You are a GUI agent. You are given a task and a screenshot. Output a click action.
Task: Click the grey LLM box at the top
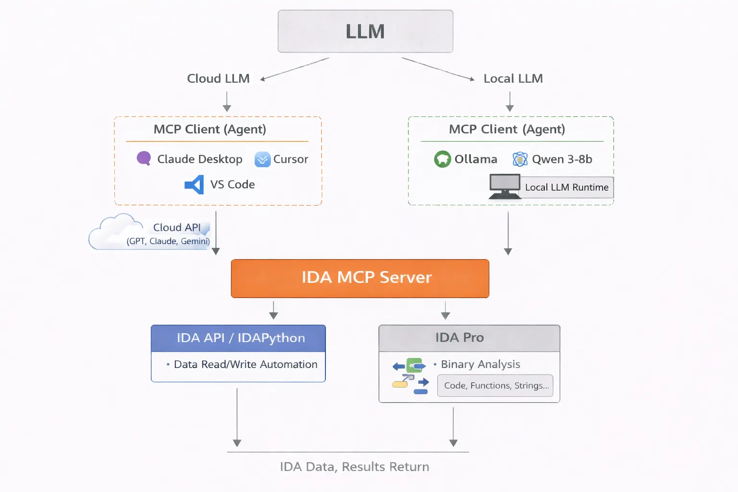pyautogui.click(x=365, y=31)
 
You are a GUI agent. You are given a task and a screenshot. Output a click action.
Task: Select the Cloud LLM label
pyautogui.click(x=218, y=78)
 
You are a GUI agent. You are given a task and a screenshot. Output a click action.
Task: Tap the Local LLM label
pyautogui.click(x=513, y=78)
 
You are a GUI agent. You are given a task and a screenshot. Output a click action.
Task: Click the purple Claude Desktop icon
pyautogui.click(x=144, y=158)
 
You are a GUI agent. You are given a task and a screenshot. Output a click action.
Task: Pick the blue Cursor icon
pyautogui.click(x=262, y=159)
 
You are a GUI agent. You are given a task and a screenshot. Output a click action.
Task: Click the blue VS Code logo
pyautogui.click(x=195, y=184)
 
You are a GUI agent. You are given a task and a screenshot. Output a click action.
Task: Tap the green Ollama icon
pyautogui.click(x=442, y=159)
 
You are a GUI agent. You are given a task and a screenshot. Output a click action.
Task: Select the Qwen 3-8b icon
pyautogui.click(x=520, y=159)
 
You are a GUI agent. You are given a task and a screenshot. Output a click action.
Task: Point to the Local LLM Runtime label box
pyautogui.click(x=566, y=187)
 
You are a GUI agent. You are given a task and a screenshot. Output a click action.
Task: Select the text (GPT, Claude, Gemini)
pyautogui.click(x=168, y=241)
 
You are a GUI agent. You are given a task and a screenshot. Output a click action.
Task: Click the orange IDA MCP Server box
pyautogui.click(x=360, y=278)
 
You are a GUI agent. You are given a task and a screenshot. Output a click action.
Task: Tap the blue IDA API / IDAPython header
pyautogui.click(x=238, y=338)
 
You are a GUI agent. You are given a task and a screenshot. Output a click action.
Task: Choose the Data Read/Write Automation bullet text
pyautogui.click(x=245, y=365)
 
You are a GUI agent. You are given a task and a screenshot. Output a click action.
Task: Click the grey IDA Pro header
pyautogui.click(x=469, y=338)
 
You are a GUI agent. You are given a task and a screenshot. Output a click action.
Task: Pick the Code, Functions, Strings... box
pyautogui.click(x=495, y=386)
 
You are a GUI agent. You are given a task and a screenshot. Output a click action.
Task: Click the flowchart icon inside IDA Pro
pyautogui.click(x=410, y=376)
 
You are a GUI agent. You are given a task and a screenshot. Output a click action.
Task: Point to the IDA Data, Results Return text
pyautogui.click(x=355, y=467)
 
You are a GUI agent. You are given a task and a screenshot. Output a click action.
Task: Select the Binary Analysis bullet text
pyautogui.click(x=480, y=364)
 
